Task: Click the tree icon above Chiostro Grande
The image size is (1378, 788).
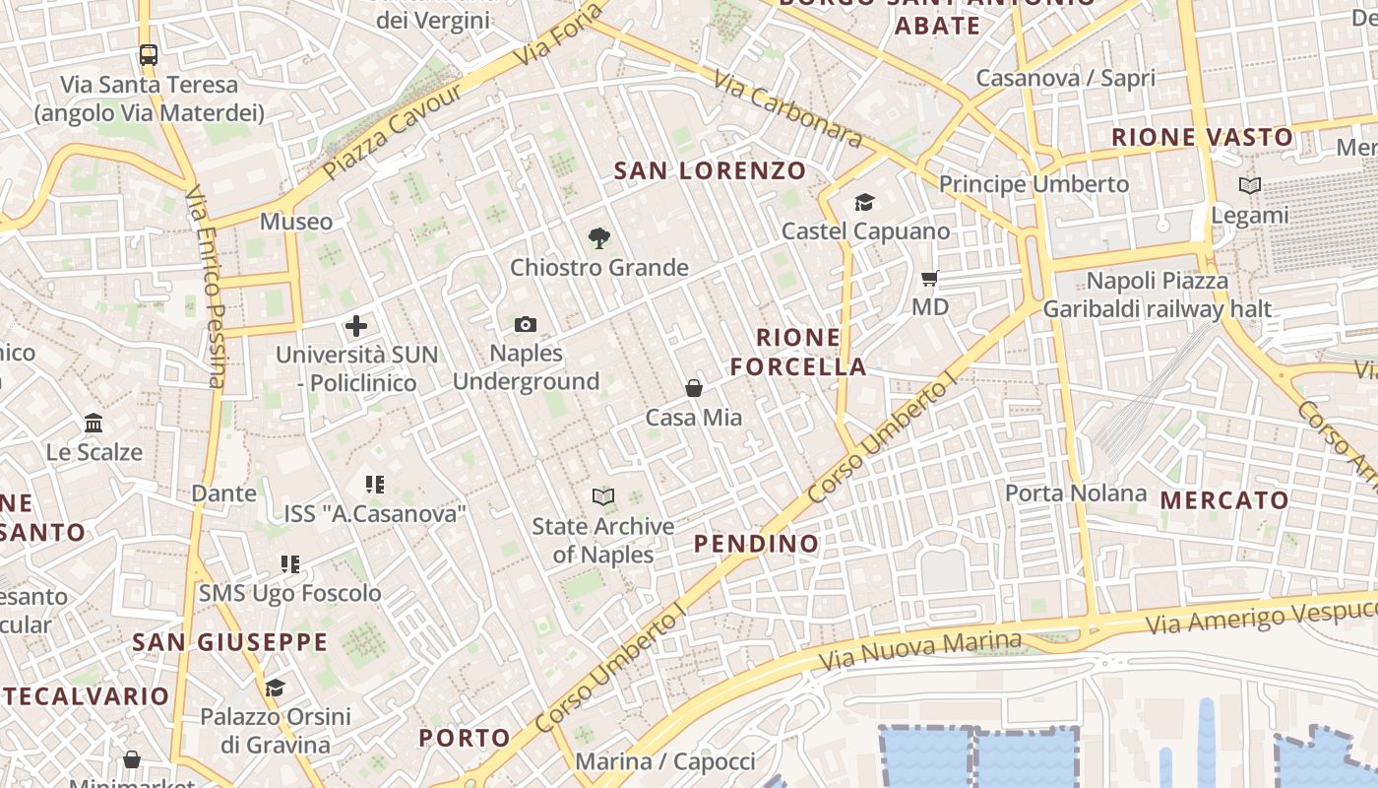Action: click(598, 237)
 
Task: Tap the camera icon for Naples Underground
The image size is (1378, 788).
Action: click(526, 324)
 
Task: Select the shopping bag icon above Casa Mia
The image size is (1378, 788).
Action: click(694, 388)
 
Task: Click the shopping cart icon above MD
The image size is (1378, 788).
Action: click(930, 279)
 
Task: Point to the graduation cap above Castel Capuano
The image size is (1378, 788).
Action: click(864, 202)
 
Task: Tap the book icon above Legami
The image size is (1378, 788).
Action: click(1250, 185)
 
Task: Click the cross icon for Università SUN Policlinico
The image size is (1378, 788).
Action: click(356, 325)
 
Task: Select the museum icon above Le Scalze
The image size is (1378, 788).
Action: click(94, 424)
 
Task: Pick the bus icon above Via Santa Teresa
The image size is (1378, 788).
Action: click(149, 55)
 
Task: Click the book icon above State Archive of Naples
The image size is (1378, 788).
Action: click(603, 496)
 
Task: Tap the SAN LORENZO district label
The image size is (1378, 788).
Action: click(710, 170)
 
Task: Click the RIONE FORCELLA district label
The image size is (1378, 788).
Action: click(798, 353)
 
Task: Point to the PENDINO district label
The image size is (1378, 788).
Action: click(756, 544)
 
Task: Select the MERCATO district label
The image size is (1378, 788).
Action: click(1224, 500)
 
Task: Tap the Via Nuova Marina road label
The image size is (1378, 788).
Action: click(942, 648)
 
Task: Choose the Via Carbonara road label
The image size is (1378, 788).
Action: click(788, 109)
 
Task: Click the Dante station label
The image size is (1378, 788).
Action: click(223, 493)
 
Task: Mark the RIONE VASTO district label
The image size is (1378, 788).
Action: click(1202, 137)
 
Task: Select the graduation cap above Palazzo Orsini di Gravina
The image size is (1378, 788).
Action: click(275, 688)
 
